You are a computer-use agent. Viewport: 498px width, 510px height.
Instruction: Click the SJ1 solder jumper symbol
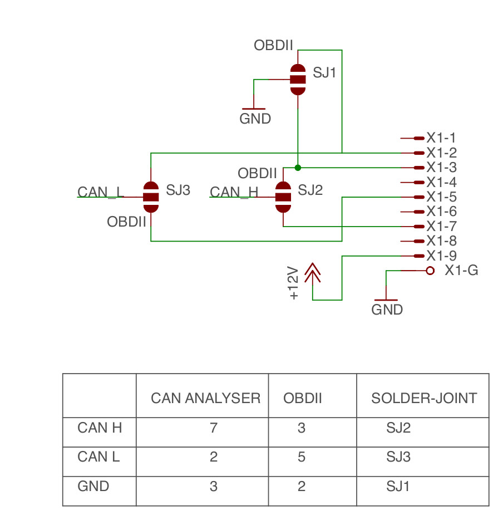click(298, 79)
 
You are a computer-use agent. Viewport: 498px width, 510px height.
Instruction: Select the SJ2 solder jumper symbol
click(283, 197)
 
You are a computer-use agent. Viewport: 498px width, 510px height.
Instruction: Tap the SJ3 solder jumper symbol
click(151, 197)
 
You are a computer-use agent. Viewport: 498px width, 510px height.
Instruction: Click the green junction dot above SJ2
click(298, 167)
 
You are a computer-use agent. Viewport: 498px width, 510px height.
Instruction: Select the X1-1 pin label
click(441, 138)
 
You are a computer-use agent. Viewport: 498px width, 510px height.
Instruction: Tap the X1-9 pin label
click(441, 256)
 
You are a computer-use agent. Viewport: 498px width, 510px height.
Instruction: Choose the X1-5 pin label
click(441, 197)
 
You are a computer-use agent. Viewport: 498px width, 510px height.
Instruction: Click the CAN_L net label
click(100, 193)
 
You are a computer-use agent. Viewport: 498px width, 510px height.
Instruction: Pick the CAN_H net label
click(234, 193)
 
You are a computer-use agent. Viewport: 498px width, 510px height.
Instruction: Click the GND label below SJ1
click(255, 119)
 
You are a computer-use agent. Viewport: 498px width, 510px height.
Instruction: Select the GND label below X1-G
click(387, 310)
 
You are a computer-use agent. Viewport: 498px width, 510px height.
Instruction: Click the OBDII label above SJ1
click(273, 46)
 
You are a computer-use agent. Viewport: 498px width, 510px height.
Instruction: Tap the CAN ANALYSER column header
click(205, 398)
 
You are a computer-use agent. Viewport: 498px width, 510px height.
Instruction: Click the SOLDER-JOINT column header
click(424, 398)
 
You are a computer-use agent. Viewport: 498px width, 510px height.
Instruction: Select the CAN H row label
click(100, 428)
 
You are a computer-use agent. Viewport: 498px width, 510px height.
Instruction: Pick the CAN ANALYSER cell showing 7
click(213, 428)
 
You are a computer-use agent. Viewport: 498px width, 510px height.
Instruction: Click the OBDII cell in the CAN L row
click(302, 457)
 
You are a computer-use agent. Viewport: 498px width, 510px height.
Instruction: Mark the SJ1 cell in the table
click(398, 486)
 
